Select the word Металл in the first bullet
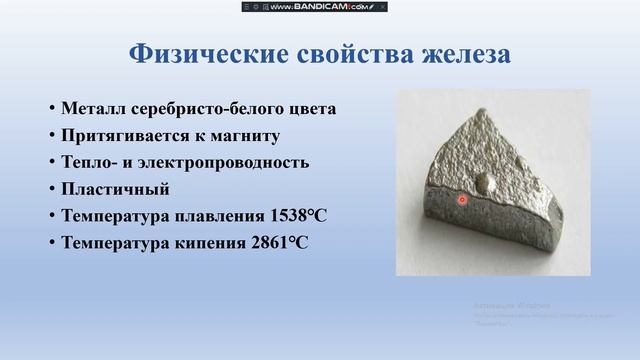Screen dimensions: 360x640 tap(90, 109)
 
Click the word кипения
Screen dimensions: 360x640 tap(209, 243)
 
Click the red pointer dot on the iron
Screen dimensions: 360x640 tap(462, 200)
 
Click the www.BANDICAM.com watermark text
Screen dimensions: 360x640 tap(319, 7)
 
